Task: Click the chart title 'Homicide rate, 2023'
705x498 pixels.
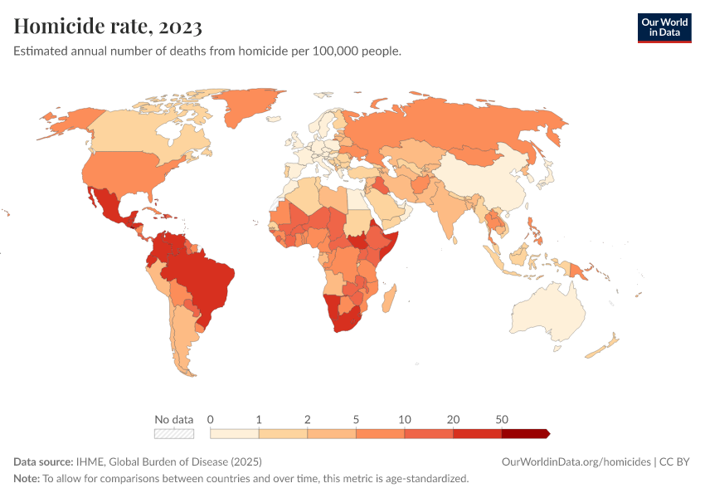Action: (x=108, y=27)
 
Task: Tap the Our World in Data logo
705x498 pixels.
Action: (x=664, y=27)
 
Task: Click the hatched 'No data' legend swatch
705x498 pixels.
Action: (x=174, y=433)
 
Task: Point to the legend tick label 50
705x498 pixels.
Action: (x=502, y=419)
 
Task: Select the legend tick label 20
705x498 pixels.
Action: (x=454, y=419)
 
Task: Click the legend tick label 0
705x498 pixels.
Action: (x=211, y=419)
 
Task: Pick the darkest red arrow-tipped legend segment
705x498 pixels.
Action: (x=525, y=433)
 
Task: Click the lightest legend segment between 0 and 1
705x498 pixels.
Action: (x=235, y=433)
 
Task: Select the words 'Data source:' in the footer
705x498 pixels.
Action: (x=43, y=461)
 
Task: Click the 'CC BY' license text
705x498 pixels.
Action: (x=675, y=461)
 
